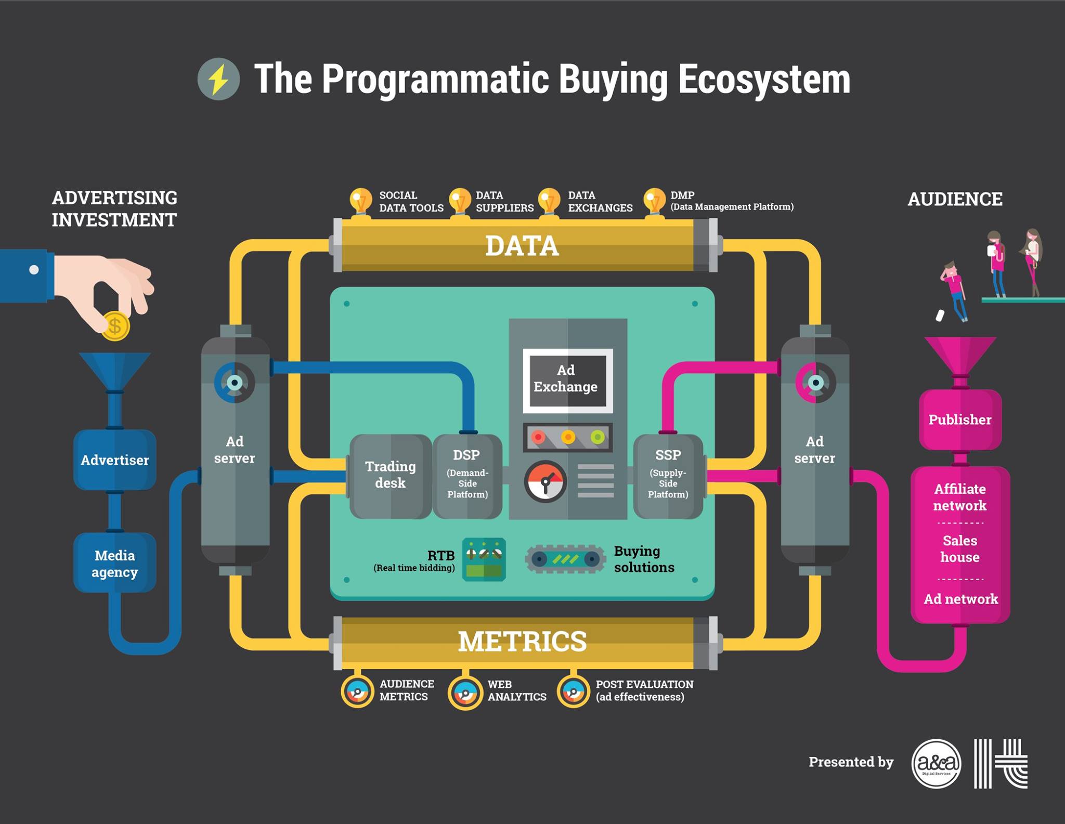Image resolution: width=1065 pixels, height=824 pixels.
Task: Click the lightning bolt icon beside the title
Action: pos(218,79)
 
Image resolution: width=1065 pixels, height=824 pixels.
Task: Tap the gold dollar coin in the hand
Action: pos(114,326)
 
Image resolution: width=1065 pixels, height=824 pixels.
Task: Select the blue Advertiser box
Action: pos(114,460)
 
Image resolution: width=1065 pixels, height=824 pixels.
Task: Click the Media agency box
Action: pos(114,563)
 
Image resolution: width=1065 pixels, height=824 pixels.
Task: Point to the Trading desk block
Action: pos(390,475)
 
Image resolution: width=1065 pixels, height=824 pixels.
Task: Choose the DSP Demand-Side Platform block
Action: pos(467,475)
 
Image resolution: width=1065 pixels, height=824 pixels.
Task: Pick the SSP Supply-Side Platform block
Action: pos(668,475)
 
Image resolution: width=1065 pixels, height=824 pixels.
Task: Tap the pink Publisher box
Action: pos(960,420)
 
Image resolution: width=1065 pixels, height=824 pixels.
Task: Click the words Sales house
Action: pos(960,549)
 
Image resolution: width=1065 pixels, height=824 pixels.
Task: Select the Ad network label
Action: pos(960,599)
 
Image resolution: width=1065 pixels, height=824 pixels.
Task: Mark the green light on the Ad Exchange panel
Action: pos(598,437)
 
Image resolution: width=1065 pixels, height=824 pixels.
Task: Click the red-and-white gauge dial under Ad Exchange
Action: pos(545,481)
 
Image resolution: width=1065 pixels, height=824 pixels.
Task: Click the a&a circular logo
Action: pos(937,764)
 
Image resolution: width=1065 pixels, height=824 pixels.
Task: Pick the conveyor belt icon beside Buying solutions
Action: pos(565,559)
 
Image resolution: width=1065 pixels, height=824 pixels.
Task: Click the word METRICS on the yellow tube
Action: pos(522,642)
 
